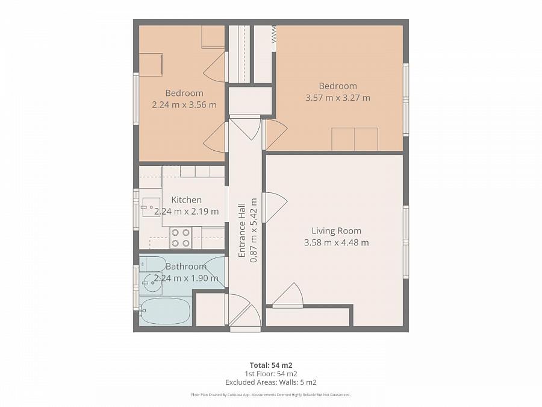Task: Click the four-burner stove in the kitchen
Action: pyautogui.click(x=181, y=238)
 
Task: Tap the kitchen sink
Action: pyautogui.click(x=151, y=207)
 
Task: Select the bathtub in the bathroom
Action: pyautogui.click(x=166, y=311)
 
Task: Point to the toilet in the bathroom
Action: pyautogui.click(x=153, y=263)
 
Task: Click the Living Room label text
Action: pyautogui.click(x=336, y=230)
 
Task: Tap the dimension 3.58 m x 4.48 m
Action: pyautogui.click(x=336, y=242)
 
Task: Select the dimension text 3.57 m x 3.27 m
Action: pyautogui.click(x=338, y=98)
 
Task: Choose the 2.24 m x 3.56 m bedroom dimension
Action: pyautogui.click(x=184, y=104)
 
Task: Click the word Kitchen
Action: pyautogui.click(x=186, y=200)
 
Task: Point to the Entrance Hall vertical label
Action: pyautogui.click(x=242, y=230)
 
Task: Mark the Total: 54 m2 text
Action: pyautogui.click(x=270, y=365)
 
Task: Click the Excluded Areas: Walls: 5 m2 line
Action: pyautogui.click(x=270, y=382)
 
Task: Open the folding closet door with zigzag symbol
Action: pyautogui.click(x=273, y=39)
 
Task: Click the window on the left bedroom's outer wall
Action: pyautogui.click(x=136, y=99)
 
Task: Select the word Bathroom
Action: pyautogui.click(x=186, y=266)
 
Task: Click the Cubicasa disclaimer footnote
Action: pyautogui.click(x=270, y=395)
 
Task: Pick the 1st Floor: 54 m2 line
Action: pyautogui.click(x=270, y=374)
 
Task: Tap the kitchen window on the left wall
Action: pyautogui.click(x=136, y=209)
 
